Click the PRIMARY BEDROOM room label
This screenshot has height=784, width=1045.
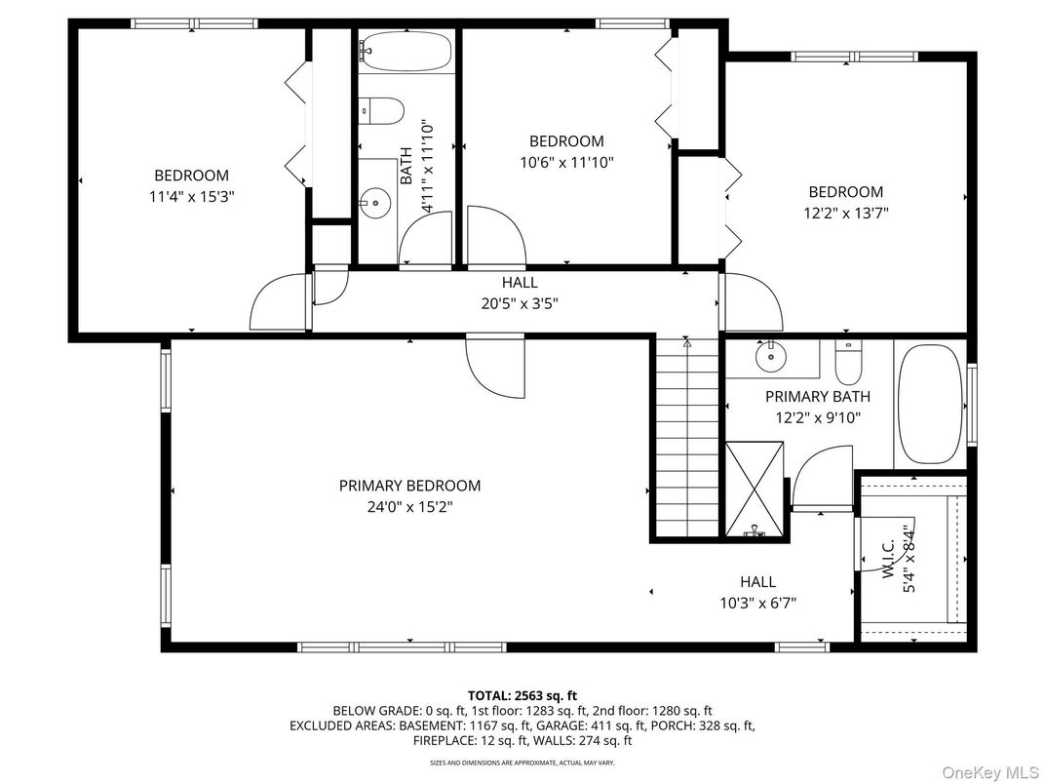[x=409, y=486]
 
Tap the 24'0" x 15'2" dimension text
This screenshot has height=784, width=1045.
[x=409, y=507]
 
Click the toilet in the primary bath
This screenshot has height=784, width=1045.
[x=849, y=363]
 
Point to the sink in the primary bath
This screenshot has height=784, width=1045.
[x=771, y=358]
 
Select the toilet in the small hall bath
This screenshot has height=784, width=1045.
[x=382, y=112]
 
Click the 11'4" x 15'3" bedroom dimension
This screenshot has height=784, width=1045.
[x=191, y=196]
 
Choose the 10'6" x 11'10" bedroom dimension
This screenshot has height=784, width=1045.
[x=566, y=162]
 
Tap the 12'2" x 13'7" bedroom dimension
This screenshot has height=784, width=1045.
[x=845, y=213]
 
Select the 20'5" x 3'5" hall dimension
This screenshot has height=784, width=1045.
[x=520, y=303]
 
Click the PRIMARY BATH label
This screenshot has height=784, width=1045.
[x=817, y=397]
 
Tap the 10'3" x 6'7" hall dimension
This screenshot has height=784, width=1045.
[x=757, y=603]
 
